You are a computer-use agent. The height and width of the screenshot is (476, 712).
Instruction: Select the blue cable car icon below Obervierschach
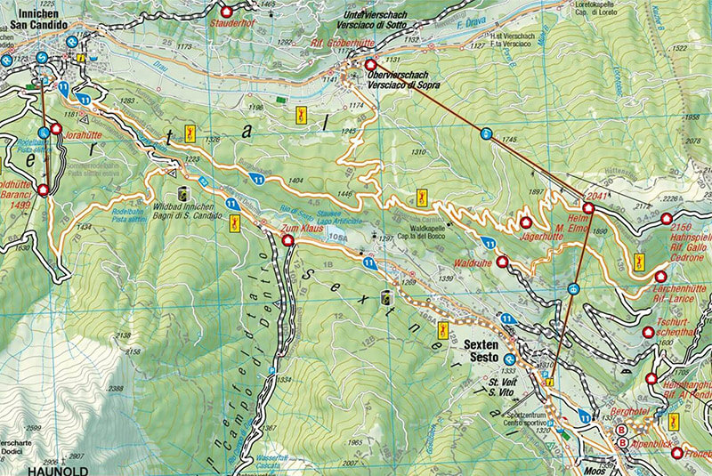coord(486,133)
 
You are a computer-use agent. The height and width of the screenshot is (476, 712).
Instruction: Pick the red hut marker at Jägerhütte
coord(525,222)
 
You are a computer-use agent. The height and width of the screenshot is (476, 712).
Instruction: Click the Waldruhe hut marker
coord(502,262)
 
